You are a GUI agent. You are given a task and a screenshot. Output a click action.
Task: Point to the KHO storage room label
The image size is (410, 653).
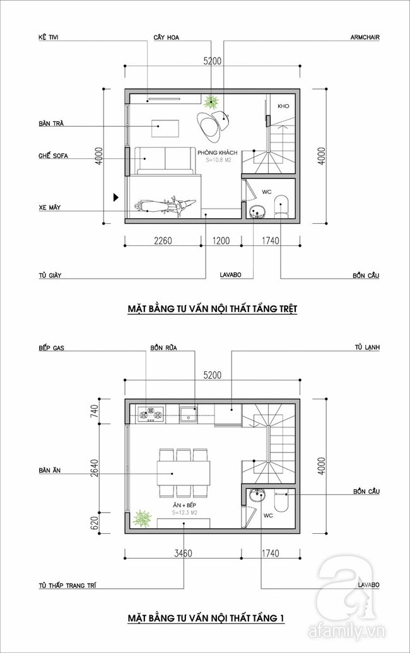pyautogui.click(x=283, y=106)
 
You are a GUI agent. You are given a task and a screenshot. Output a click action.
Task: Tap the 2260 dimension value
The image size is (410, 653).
pyautogui.click(x=163, y=240)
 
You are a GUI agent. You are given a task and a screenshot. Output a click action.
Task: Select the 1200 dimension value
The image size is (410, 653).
pyautogui.click(x=221, y=240)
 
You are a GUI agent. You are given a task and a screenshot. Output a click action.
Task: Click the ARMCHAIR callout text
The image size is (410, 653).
pyautogui.click(x=366, y=37)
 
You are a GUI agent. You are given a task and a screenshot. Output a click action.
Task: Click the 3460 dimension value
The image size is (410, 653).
pyautogui.click(x=182, y=553)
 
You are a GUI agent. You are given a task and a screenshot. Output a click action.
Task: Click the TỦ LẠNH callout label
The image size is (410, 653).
pyautogui.click(x=368, y=347)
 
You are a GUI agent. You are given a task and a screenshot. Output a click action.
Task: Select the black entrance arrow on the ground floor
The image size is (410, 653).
pyautogui.click(x=115, y=197)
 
